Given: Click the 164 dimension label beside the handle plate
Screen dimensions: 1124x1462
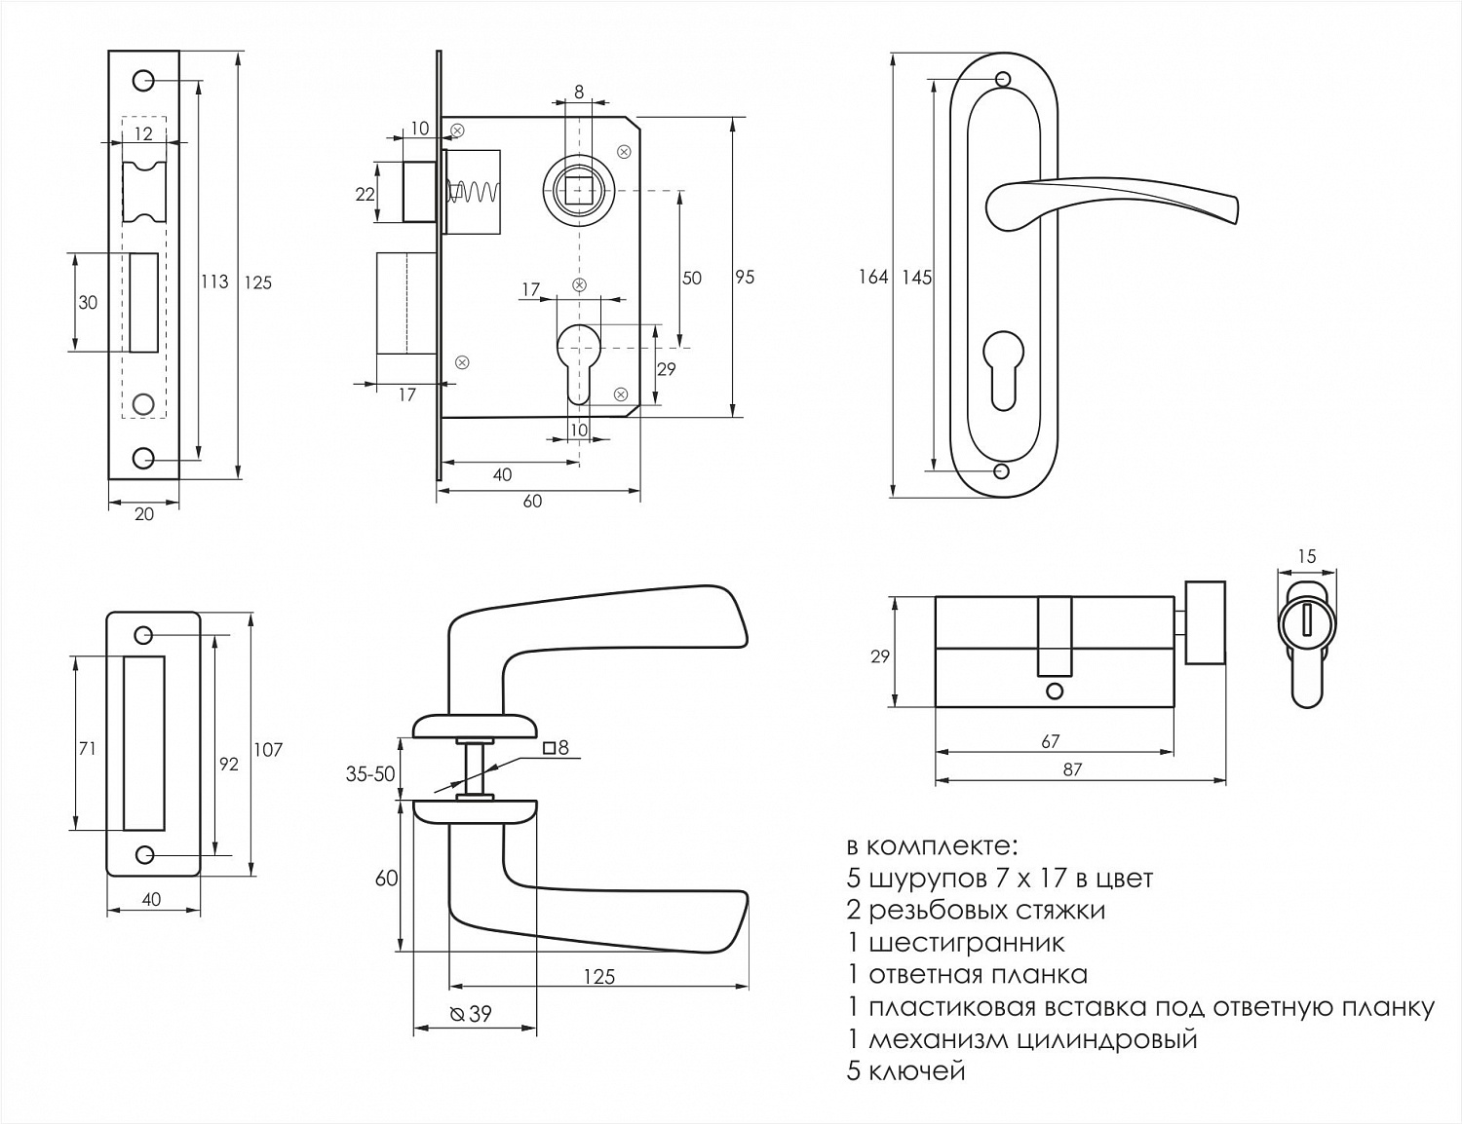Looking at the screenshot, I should coord(873,278).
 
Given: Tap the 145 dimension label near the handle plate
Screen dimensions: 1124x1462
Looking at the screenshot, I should coord(916,278).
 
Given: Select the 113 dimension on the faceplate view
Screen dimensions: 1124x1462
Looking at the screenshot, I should coord(214,281).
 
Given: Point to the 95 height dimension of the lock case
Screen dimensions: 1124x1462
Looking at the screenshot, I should coord(745,278).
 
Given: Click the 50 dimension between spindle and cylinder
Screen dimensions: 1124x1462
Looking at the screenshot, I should coord(692,279).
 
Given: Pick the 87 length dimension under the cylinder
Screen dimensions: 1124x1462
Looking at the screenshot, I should coord(1072,769).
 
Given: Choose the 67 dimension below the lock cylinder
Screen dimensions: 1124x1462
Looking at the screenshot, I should coord(1050,741).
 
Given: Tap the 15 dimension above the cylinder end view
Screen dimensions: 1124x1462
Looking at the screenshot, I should coord(1307,556).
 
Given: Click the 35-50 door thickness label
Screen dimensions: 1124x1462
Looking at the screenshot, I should coord(370,774).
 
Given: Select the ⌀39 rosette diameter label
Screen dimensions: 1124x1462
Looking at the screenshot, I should coord(472,1014).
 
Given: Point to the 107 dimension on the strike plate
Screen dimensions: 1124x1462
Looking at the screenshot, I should coord(268,749).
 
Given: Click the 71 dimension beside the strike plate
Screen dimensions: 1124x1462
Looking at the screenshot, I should coord(87,749).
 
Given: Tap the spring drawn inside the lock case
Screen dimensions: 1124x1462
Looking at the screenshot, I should coord(473,193).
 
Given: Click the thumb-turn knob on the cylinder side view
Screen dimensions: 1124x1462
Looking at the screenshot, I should coord(1205,622).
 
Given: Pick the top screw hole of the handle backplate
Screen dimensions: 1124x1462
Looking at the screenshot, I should coord(1003,79).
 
